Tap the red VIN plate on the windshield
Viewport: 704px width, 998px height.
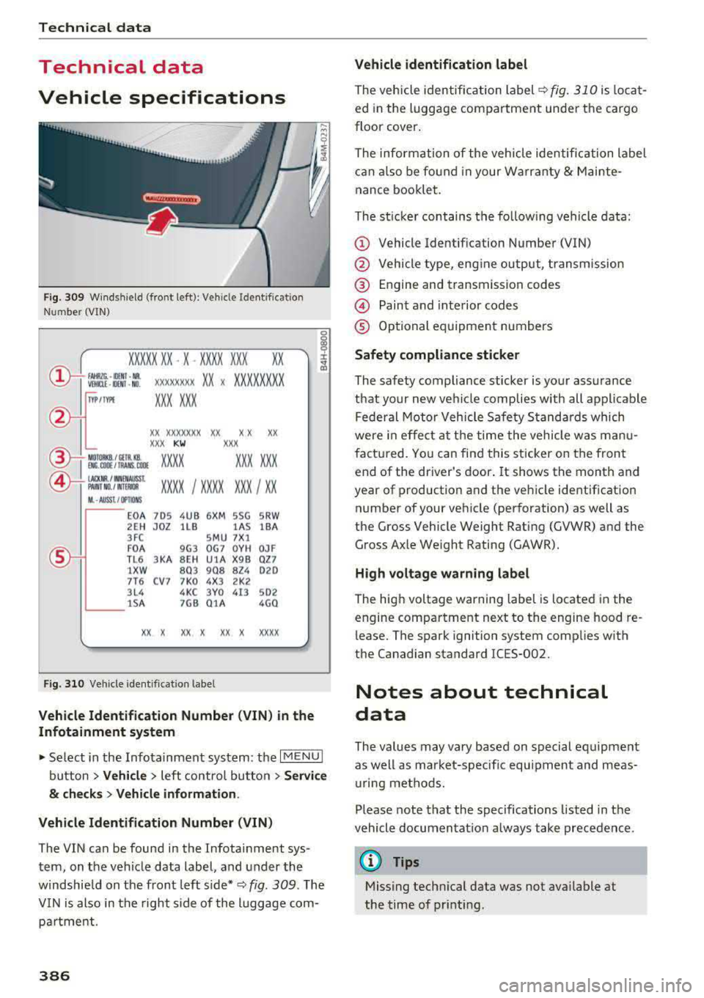tap(172, 199)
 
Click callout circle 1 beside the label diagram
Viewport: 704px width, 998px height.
tap(59, 378)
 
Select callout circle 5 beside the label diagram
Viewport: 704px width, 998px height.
tap(59, 557)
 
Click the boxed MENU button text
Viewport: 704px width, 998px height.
tap(301, 757)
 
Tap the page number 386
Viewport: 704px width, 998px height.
tap(54, 975)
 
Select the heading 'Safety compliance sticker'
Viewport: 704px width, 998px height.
tap(436, 355)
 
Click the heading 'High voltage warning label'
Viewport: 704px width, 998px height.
tap(441, 573)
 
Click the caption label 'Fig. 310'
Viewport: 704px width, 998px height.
tap(64, 683)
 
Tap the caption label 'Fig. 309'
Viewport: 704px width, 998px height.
tap(64, 297)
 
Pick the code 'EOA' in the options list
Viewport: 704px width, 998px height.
tap(136, 516)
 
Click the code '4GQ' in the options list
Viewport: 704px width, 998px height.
tap(268, 603)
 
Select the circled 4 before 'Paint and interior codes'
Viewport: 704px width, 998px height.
tap(362, 306)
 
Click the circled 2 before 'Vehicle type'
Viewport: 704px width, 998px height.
tap(362, 264)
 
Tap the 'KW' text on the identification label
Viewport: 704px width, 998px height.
tap(179, 444)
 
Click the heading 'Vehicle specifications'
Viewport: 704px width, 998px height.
tap(162, 98)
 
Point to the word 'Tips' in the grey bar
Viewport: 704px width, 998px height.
tap(406, 862)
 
